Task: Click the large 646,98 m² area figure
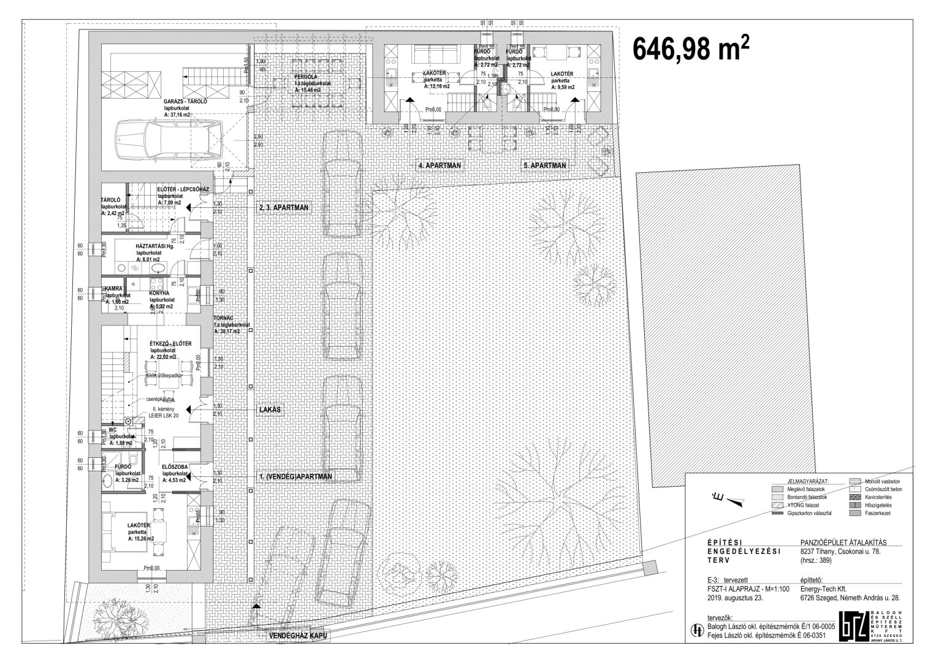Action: click(691, 46)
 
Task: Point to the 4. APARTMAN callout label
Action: click(440, 165)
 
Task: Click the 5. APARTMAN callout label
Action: click(545, 165)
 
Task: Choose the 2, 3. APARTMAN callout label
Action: click(284, 208)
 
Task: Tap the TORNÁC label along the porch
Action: click(224, 318)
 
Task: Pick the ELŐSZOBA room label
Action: click(174, 466)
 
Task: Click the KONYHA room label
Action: click(159, 293)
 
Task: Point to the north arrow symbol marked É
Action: click(732, 501)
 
